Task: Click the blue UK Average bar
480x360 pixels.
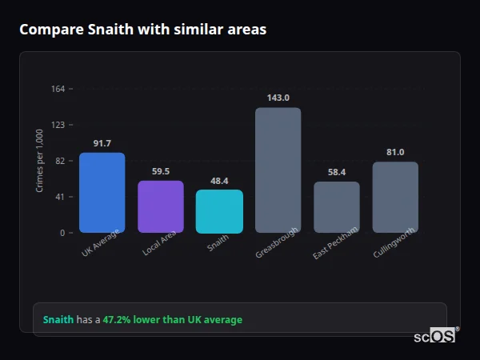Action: pos(102,193)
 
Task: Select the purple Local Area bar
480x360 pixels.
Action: pos(160,206)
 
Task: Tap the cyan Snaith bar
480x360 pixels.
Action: pos(219,211)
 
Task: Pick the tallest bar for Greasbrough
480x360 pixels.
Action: pos(278,170)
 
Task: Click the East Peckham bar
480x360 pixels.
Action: pos(336,207)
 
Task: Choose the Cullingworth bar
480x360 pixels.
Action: pos(395,197)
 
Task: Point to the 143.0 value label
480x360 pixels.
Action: pos(278,98)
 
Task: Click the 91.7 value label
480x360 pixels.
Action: pos(102,143)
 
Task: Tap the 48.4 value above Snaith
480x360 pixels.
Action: pos(219,181)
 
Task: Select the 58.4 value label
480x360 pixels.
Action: pos(336,172)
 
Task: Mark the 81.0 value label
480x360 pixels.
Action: pos(395,152)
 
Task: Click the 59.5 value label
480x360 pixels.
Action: pos(160,171)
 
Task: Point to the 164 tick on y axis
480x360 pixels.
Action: pos(58,89)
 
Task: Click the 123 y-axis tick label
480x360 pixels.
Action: pos(58,125)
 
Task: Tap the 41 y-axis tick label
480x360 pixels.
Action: pos(60,197)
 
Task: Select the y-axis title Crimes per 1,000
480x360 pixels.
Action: pos(40,161)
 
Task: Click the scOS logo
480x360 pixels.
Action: pos(434,337)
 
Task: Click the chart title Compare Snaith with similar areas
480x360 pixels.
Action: pos(142,30)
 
